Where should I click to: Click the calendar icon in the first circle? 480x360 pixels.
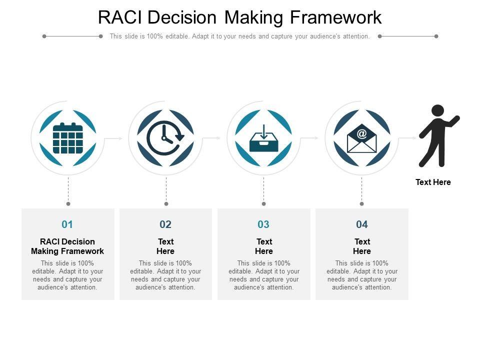point(67,138)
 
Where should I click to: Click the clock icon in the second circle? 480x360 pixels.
point(165,138)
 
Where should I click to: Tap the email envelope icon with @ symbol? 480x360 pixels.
point(361,138)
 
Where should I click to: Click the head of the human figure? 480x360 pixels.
point(437,111)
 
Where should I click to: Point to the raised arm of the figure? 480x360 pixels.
point(452,121)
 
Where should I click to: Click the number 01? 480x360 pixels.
point(67,224)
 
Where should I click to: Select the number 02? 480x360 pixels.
point(165,224)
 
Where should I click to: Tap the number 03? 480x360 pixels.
point(263,224)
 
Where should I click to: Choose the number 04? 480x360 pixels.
point(362,224)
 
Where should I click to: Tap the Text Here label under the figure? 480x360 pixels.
point(433,182)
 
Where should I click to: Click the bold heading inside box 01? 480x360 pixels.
point(67,246)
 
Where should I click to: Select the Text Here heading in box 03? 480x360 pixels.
point(264,246)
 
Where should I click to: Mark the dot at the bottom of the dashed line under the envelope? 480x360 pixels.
point(362,203)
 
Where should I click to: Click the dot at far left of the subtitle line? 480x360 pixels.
point(44,36)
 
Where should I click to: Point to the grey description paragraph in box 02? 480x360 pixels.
point(165,275)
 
